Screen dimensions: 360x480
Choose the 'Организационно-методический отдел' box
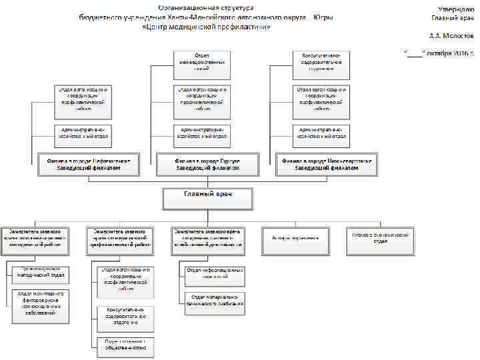click(x=40, y=272)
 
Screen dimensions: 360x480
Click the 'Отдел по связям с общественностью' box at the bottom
click(x=125, y=344)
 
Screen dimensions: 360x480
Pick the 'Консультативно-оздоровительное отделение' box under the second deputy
click(x=125, y=316)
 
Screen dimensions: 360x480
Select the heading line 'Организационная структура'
click(x=207, y=7)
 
